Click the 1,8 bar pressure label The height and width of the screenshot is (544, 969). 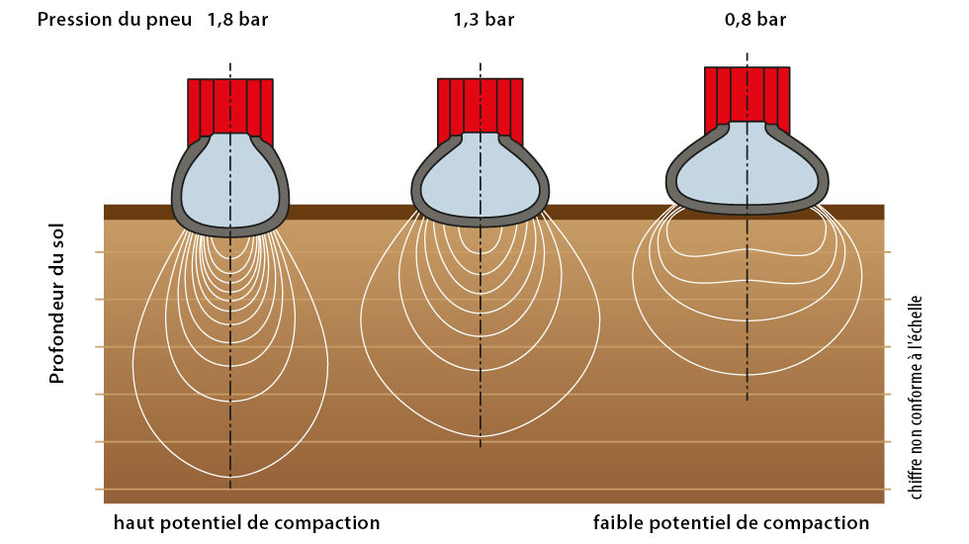(238, 20)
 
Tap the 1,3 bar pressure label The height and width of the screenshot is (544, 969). (484, 20)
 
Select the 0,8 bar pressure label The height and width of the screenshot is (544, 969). (755, 20)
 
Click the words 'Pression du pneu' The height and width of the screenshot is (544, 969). (115, 20)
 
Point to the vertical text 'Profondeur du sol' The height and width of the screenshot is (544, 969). (57, 304)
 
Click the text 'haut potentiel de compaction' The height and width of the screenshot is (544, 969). (246, 523)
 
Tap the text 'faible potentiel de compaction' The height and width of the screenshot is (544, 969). (731, 523)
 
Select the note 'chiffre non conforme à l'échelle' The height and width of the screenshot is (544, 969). (916, 398)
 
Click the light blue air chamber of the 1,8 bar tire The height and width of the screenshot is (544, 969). (229, 182)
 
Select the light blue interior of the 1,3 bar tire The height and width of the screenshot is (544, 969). (481, 179)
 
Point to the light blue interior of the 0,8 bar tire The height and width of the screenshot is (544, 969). (748, 166)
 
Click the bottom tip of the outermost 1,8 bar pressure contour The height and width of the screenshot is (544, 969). (229, 477)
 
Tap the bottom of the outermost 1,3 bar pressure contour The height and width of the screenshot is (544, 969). (481, 436)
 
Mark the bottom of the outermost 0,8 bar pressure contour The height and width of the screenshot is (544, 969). (748, 375)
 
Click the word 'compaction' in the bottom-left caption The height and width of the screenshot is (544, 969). (327, 523)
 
